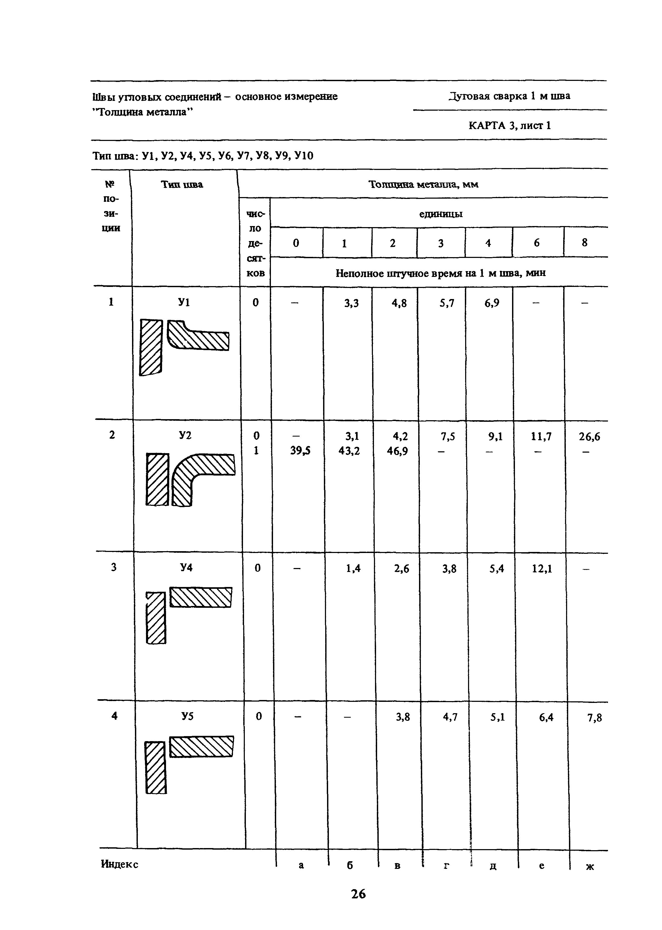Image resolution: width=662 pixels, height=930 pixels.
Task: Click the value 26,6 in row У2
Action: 590,437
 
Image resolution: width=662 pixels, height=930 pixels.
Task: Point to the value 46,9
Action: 397,451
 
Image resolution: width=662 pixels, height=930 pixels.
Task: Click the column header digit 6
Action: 537,243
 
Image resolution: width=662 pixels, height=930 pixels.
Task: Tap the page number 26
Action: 358,894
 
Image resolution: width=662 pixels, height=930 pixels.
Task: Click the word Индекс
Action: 119,864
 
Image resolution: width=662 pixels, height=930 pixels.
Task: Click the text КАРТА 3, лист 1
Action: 509,125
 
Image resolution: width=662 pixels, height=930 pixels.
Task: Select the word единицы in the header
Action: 441,214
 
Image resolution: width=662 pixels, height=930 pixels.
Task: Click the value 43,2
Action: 349,451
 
